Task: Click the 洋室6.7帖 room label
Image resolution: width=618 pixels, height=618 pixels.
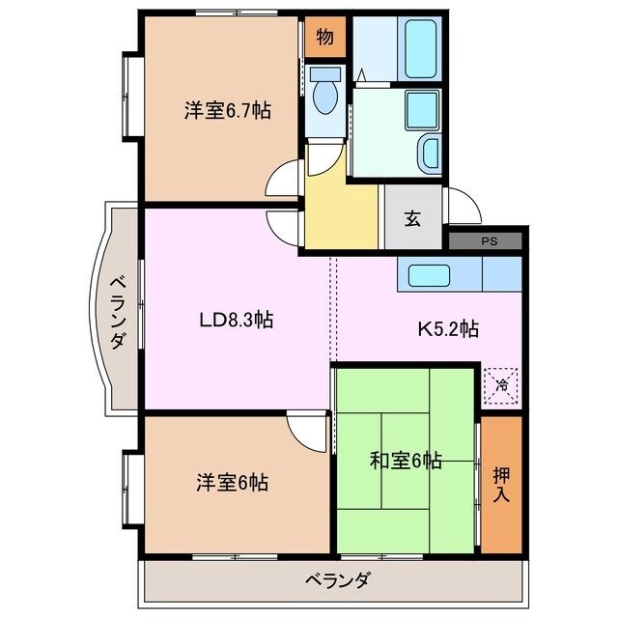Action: (228, 111)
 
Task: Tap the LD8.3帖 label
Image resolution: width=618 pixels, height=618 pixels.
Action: (237, 320)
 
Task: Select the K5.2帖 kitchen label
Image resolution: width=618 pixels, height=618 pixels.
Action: (447, 328)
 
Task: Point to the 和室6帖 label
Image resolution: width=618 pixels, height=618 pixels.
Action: (406, 461)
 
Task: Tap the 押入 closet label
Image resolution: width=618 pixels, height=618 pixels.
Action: (501, 484)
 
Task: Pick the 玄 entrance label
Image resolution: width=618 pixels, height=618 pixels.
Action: (412, 219)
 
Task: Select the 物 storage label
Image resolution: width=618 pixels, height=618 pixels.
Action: (324, 38)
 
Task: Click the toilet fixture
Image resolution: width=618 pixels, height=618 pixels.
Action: (324, 95)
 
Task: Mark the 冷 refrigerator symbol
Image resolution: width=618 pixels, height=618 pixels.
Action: (502, 384)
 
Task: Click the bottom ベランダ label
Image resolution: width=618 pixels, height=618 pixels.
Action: (337, 581)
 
